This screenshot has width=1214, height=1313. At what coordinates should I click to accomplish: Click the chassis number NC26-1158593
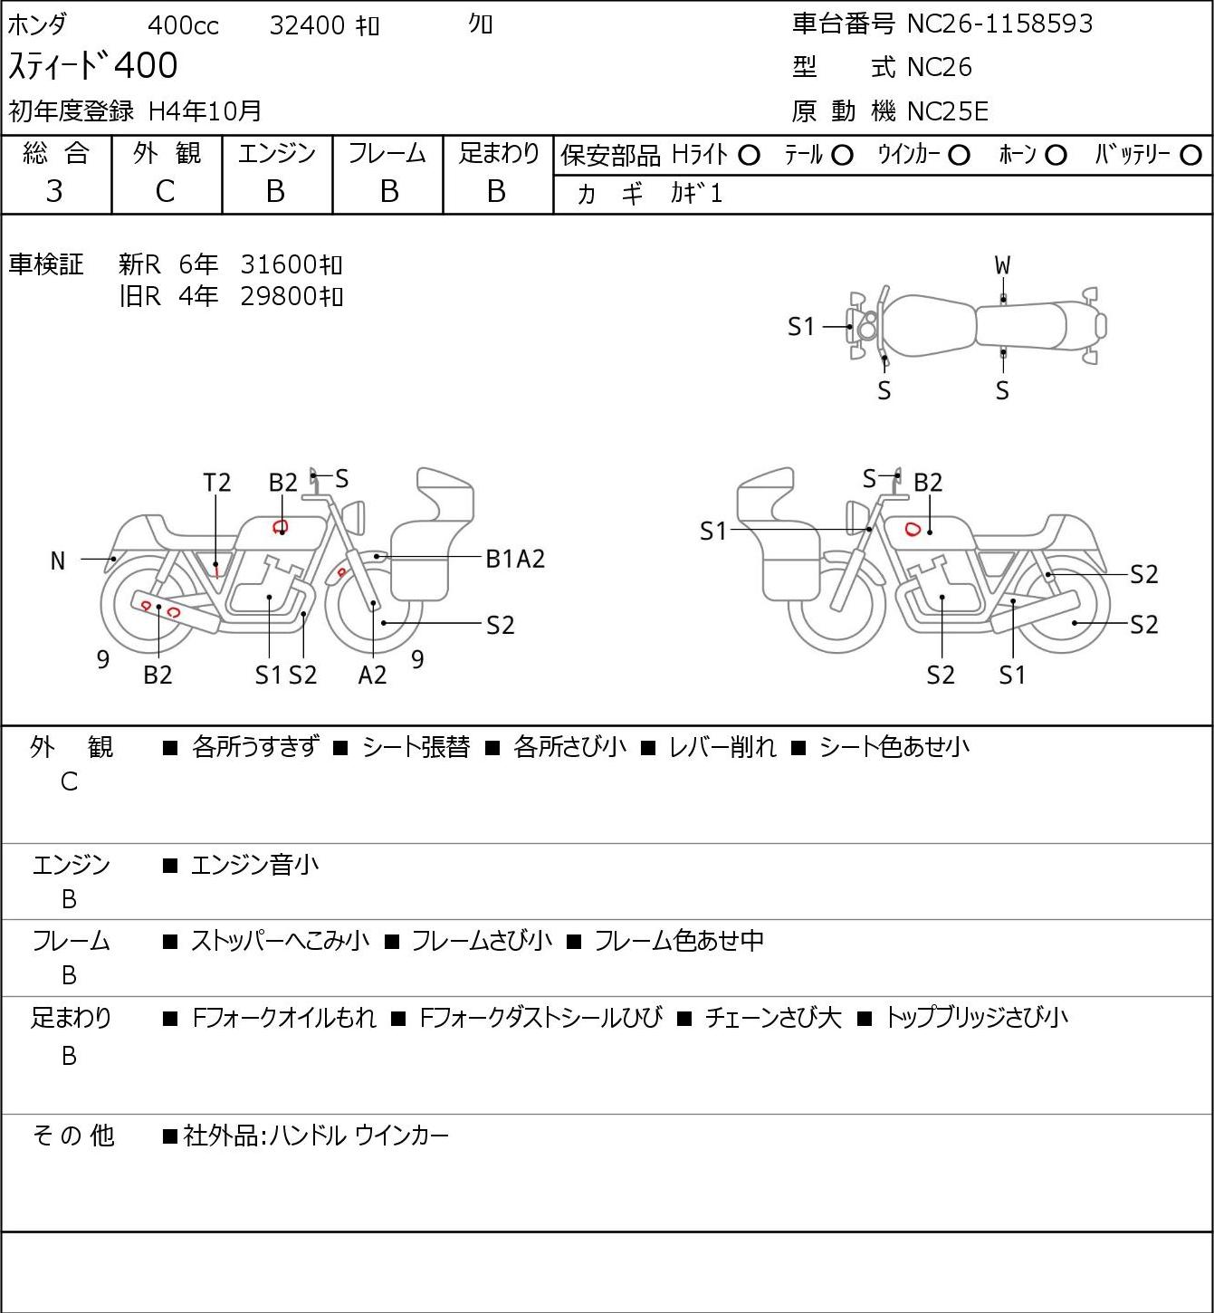point(999,24)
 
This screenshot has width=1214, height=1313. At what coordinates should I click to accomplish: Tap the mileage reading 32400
point(307,25)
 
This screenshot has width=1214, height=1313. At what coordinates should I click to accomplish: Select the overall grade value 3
point(54,192)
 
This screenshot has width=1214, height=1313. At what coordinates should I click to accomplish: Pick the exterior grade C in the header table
point(165,192)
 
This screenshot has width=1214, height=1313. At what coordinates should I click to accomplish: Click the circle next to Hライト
point(749,156)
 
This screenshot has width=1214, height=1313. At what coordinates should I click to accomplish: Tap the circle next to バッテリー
point(1190,156)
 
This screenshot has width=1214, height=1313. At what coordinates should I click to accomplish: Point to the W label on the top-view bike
point(1002,266)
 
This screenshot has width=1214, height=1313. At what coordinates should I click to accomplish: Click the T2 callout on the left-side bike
point(217,484)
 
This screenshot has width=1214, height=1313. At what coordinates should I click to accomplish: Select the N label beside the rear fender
point(58,561)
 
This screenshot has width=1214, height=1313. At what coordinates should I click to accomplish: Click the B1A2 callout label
point(515,560)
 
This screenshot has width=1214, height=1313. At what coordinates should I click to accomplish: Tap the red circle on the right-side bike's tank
point(913,528)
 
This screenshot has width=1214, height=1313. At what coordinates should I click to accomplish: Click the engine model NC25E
point(948,111)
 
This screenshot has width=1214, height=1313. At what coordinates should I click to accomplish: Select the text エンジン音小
point(254,865)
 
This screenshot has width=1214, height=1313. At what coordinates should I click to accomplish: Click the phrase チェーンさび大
point(773,1018)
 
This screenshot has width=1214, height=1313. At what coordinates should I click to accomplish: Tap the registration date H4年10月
point(205,111)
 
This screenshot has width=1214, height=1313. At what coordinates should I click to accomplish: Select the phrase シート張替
point(416,747)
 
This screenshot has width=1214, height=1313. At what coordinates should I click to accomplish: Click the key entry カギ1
point(696,194)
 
